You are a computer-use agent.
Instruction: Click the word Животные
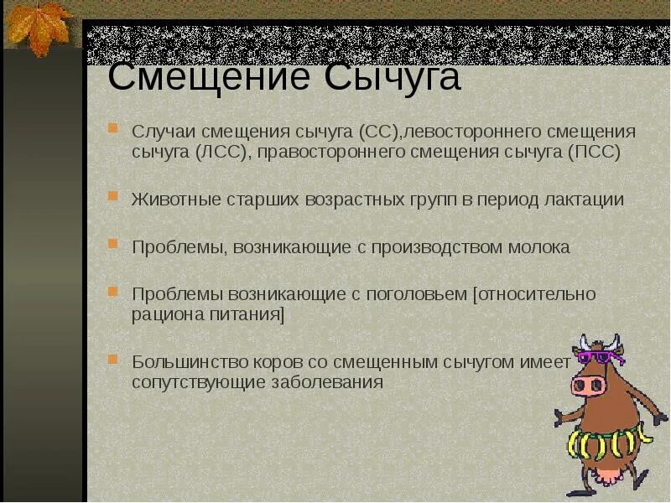pyautogui.click(x=174, y=200)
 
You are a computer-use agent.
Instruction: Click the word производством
pyautogui.click(x=435, y=247)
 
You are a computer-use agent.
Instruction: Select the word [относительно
pyautogui.click(x=534, y=294)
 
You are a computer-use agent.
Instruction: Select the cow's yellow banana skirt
pyautogui.click(x=609, y=439)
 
